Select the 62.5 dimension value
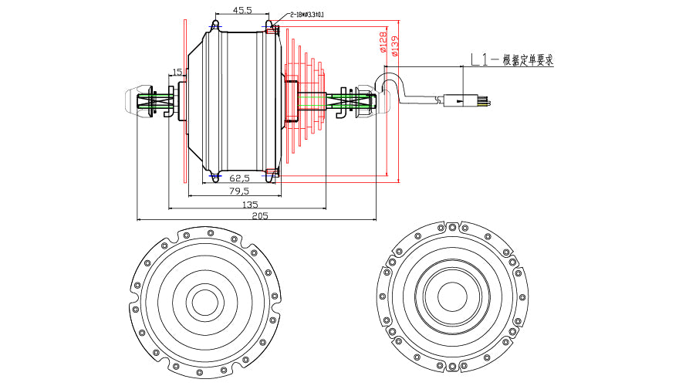coord(229,178)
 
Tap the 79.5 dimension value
coord(238,191)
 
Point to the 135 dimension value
coord(250,205)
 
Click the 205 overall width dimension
coord(259,217)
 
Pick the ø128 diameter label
coord(383,42)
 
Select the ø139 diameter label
coord(394,46)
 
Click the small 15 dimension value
coord(177,72)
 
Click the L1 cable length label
coord(478,59)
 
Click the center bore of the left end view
coord(204,303)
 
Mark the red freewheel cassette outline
coord(309,100)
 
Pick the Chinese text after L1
coord(528,59)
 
